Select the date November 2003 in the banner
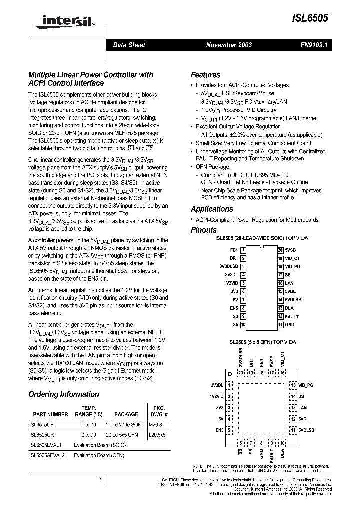[229, 45]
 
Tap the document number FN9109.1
[314, 45]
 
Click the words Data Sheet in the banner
[129, 45]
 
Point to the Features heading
[205, 75]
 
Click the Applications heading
[212, 209]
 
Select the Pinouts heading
[204, 230]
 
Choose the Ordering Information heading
[63, 394]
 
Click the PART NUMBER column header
[50, 414]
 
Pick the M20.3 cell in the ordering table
[156, 424]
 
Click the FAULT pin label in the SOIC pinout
[292, 316]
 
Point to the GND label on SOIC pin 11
[290, 325]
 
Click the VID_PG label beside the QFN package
[306, 385]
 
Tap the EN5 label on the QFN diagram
[220, 429]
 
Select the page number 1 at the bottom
[100, 480]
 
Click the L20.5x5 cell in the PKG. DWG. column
[158, 435]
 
